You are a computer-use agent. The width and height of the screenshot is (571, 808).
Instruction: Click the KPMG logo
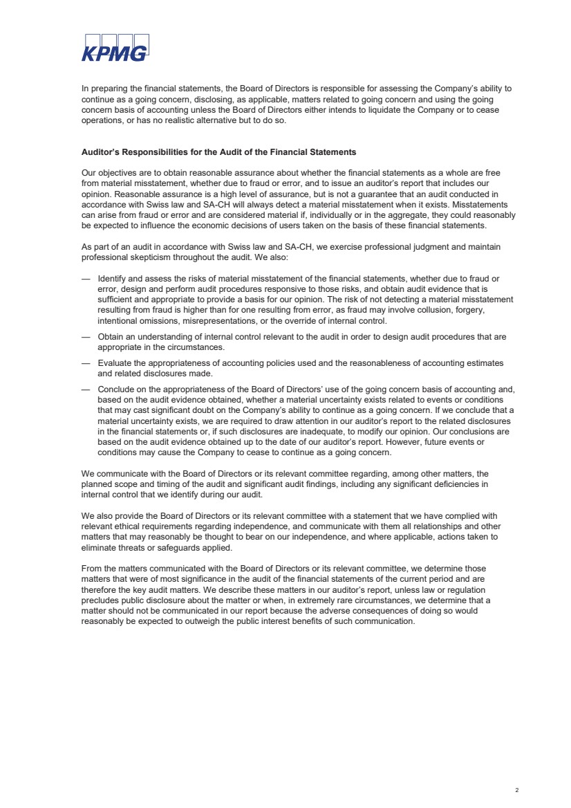point(115,48)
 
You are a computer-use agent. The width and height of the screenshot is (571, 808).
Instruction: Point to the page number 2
point(516,789)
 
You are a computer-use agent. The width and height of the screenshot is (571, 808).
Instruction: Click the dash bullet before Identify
point(86,279)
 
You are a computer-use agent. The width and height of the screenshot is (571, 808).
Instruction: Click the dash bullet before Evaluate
point(86,363)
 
